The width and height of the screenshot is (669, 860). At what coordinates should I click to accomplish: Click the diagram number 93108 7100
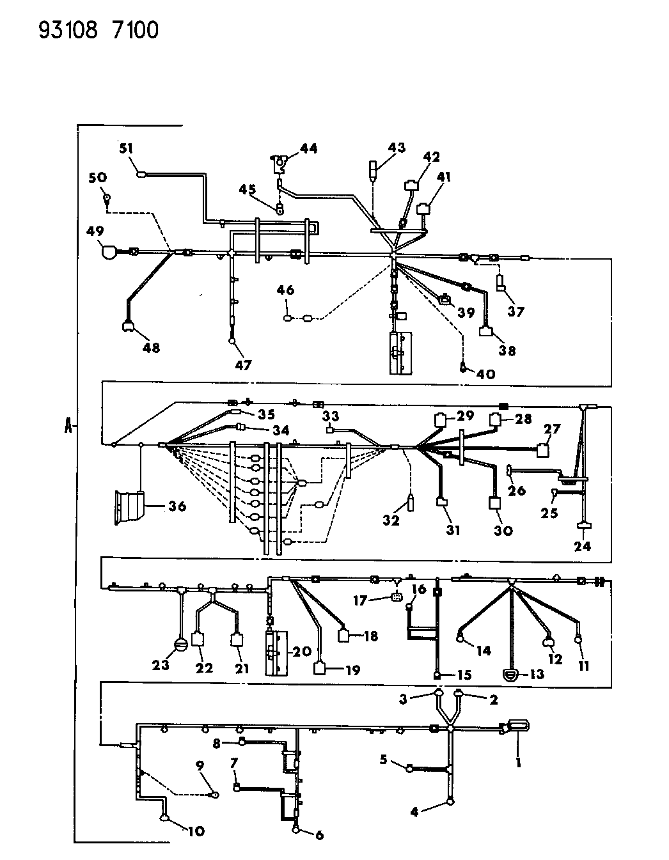[x=98, y=30]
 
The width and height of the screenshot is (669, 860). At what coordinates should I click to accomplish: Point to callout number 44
[x=308, y=148]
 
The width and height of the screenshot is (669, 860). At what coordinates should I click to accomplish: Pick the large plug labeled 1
[x=518, y=726]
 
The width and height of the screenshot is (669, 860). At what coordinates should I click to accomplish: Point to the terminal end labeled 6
[x=295, y=830]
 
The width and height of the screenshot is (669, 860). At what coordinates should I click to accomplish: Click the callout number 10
[x=196, y=831]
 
